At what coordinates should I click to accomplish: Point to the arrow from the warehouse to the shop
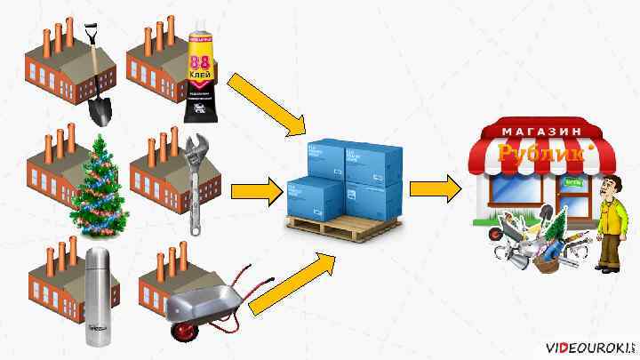click(436, 188)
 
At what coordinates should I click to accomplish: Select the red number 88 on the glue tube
click(198, 63)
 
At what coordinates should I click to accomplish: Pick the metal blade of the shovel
click(100, 109)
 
